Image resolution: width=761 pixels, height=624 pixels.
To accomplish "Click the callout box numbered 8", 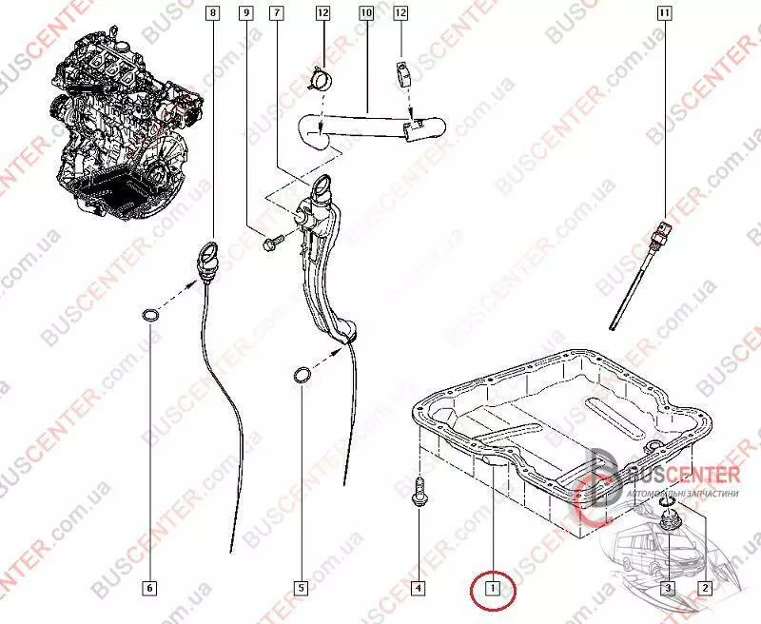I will [211, 13].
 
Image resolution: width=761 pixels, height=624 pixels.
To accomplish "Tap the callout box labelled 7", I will [276, 13].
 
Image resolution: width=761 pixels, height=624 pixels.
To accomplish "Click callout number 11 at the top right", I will [664, 13].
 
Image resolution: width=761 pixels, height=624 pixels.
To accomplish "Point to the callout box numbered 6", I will [149, 588].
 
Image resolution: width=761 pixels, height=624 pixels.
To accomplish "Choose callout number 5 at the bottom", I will [301, 588].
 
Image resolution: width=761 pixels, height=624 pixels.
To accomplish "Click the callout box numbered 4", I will [418, 588].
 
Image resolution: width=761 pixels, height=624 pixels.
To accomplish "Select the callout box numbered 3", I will [668, 588].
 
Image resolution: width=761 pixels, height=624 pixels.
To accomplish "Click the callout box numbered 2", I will [704, 588].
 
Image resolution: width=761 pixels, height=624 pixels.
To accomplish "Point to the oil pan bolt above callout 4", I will [418, 494].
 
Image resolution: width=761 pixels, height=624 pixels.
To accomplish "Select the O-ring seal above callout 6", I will [150, 315].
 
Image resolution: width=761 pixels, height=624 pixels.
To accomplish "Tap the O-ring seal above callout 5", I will [301, 378].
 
